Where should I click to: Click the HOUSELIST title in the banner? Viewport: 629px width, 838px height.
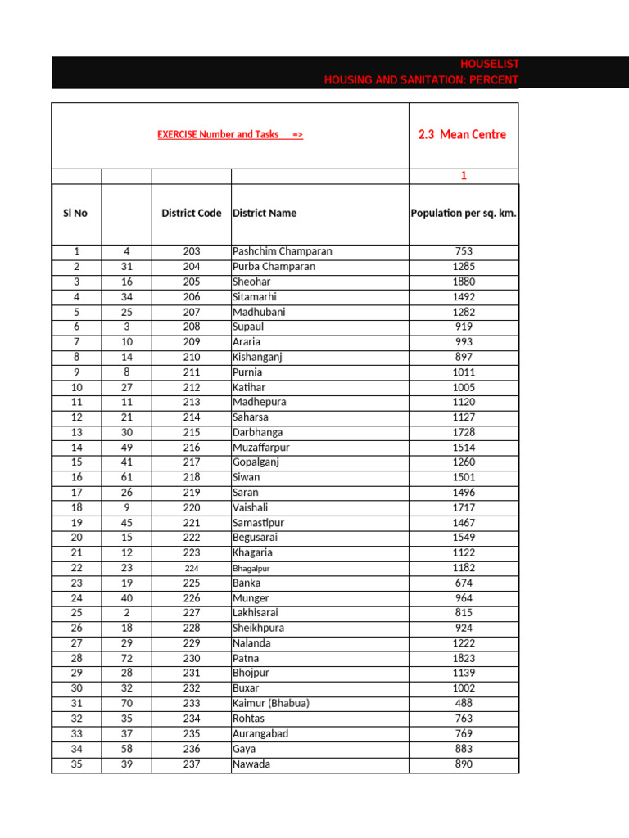[x=490, y=64]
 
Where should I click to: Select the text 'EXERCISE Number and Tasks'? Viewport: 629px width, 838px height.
[x=218, y=134]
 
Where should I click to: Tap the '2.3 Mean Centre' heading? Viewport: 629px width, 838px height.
[x=462, y=134]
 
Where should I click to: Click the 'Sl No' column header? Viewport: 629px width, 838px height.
[x=75, y=213]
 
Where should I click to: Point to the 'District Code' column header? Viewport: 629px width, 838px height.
[x=192, y=213]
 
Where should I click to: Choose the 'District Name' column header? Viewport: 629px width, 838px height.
[x=265, y=213]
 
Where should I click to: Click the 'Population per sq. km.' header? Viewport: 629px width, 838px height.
[x=464, y=213]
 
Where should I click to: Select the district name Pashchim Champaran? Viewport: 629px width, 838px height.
[x=283, y=251]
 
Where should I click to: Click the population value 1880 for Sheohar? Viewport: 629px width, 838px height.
[x=464, y=282]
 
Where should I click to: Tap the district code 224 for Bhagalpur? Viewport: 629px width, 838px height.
[x=192, y=568]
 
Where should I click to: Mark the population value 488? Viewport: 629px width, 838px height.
[x=464, y=703]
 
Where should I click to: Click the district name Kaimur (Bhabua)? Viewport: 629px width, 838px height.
[x=271, y=703]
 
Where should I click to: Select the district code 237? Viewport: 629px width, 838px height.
[x=192, y=764]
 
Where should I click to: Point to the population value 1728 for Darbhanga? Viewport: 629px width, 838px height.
[x=464, y=432]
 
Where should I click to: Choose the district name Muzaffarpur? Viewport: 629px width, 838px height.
[x=261, y=448]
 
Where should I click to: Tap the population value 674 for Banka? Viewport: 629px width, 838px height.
[x=464, y=583]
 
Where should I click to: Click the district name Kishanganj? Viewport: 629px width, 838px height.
[x=257, y=357]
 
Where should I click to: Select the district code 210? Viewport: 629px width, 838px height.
[x=192, y=357]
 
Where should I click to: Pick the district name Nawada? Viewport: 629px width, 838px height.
[x=251, y=764]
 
